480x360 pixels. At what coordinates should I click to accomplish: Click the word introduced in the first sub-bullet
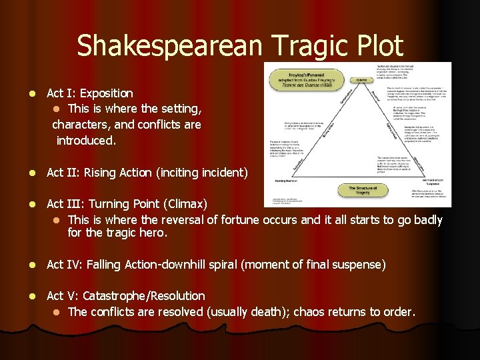coord(85,140)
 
